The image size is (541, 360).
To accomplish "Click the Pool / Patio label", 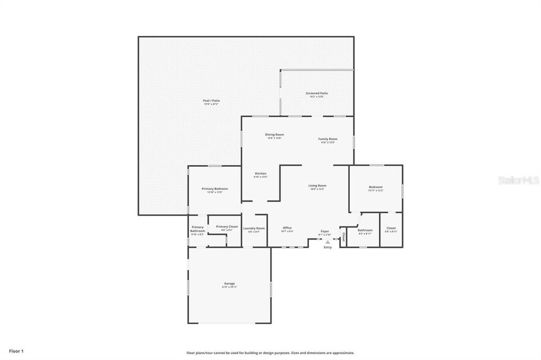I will click(211, 100).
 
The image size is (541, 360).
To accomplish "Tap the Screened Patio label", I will click(316, 93).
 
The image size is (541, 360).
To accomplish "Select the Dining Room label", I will click(274, 135).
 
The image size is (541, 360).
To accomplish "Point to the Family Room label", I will click(328, 139).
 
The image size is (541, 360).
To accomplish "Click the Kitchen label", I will click(260, 174).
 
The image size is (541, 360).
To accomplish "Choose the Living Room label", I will click(318, 185).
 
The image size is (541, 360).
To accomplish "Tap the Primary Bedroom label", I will click(214, 188).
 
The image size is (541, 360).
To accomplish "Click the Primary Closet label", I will click(227, 226).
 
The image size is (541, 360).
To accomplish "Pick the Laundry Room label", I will click(254, 228).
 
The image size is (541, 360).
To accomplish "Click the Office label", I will click(287, 228).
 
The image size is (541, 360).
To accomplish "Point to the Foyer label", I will click(324, 231).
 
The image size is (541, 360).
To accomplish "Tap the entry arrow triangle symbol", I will click(328, 242).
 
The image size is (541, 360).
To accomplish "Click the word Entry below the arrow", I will click(328, 247).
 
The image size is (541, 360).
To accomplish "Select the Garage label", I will click(229, 283).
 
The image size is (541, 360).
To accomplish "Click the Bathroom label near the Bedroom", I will click(365, 230).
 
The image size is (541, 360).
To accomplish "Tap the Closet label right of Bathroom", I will click(391, 228).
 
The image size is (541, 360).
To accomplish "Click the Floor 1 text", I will click(16, 350).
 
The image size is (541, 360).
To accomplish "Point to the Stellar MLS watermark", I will click(518, 180).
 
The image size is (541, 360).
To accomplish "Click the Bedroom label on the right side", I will click(376, 187).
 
